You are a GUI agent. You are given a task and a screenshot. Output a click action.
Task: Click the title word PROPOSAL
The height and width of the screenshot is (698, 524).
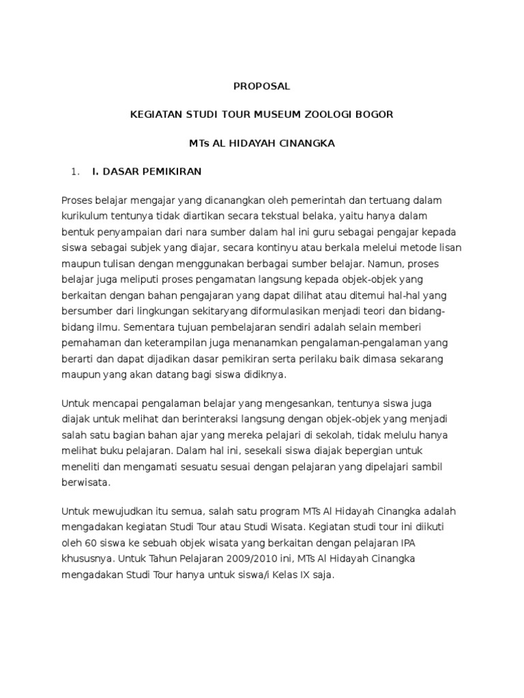pos(262,87)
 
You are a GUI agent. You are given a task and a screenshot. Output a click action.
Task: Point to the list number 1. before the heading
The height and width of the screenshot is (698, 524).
pos(75,172)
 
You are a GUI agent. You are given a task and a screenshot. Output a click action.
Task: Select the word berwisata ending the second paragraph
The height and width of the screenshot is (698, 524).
pos(85,482)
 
